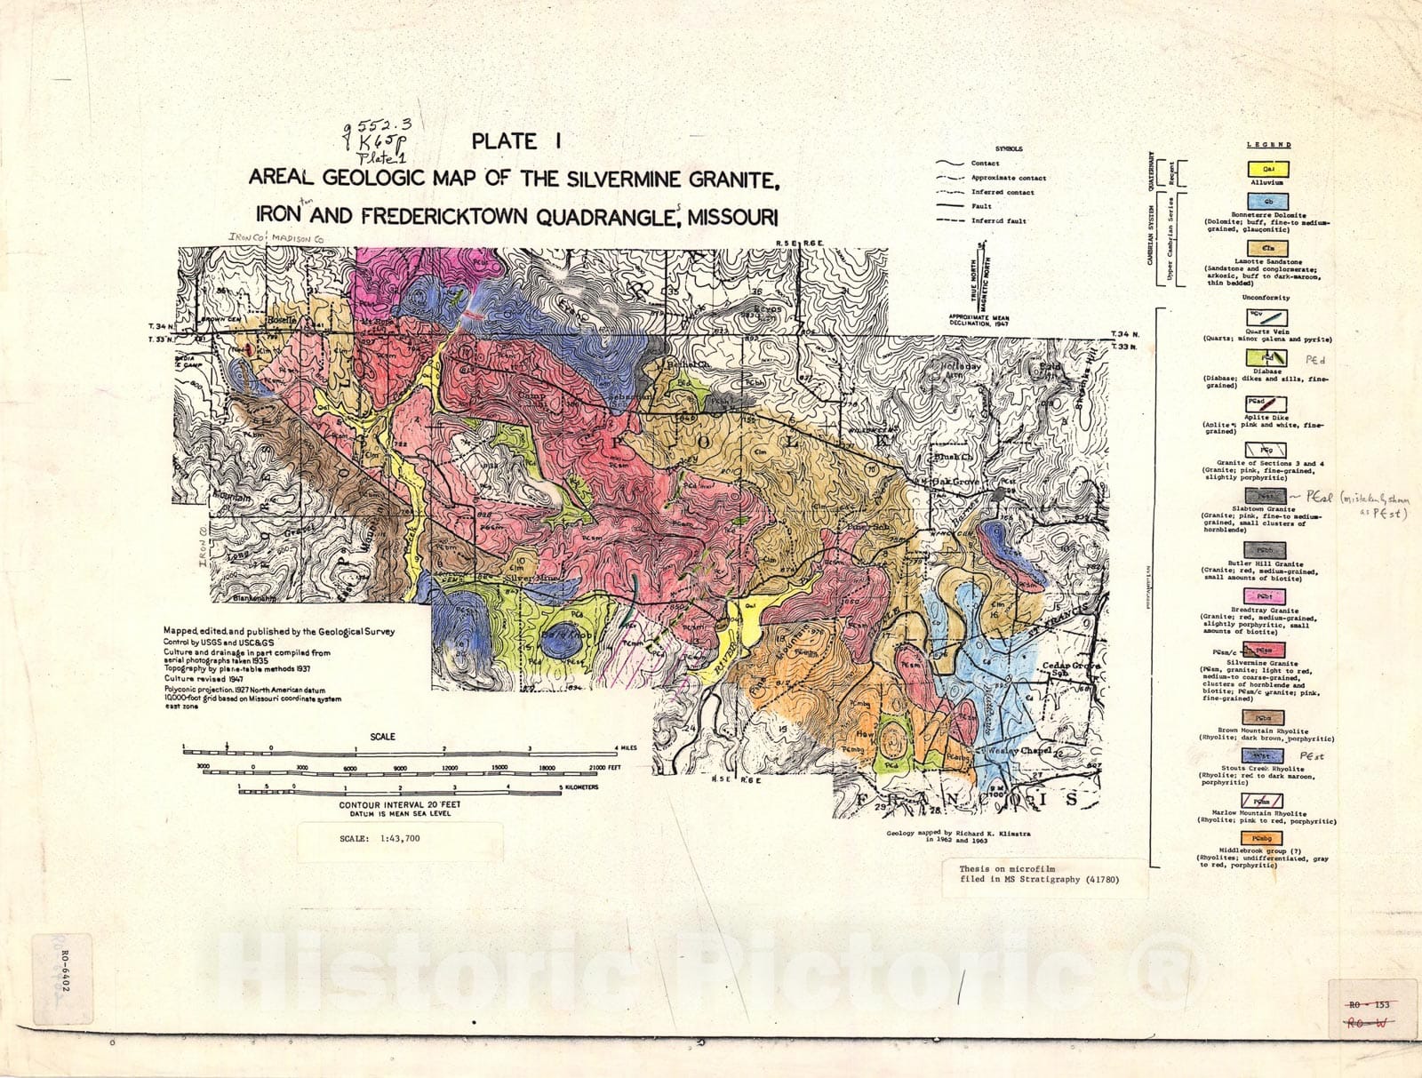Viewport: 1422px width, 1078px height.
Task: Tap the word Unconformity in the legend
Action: [x=1266, y=298]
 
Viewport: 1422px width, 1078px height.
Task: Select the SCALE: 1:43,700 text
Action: [x=381, y=838]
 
